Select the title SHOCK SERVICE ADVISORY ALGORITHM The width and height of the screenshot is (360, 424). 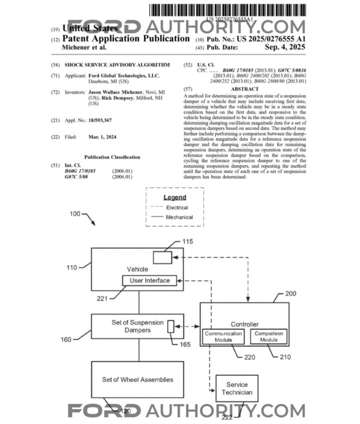117,65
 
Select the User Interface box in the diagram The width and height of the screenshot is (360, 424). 149,281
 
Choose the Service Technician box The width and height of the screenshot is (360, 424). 236,388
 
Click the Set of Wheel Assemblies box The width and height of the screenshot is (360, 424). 137,379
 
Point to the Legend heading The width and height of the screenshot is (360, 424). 174,197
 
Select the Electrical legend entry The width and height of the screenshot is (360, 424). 177,207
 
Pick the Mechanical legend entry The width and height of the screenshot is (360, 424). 179,217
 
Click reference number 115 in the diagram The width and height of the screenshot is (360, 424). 187,241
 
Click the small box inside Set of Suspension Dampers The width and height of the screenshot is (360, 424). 170,326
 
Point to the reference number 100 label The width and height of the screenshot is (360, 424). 74,214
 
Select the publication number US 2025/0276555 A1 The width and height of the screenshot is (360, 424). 277,38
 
